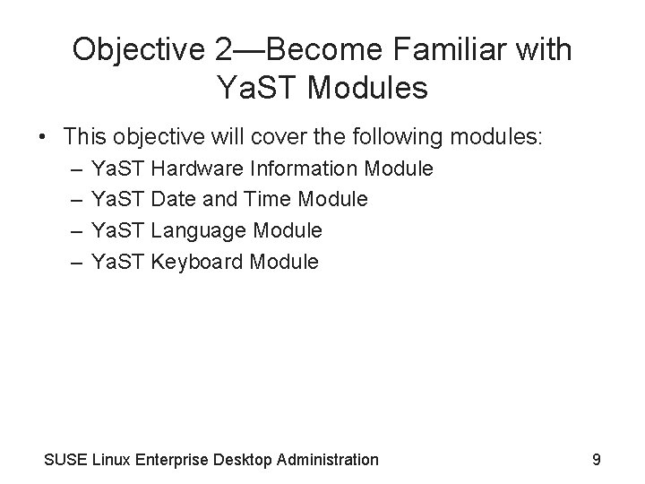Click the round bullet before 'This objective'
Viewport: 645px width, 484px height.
point(43,136)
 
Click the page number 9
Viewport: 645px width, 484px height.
point(597,460)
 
